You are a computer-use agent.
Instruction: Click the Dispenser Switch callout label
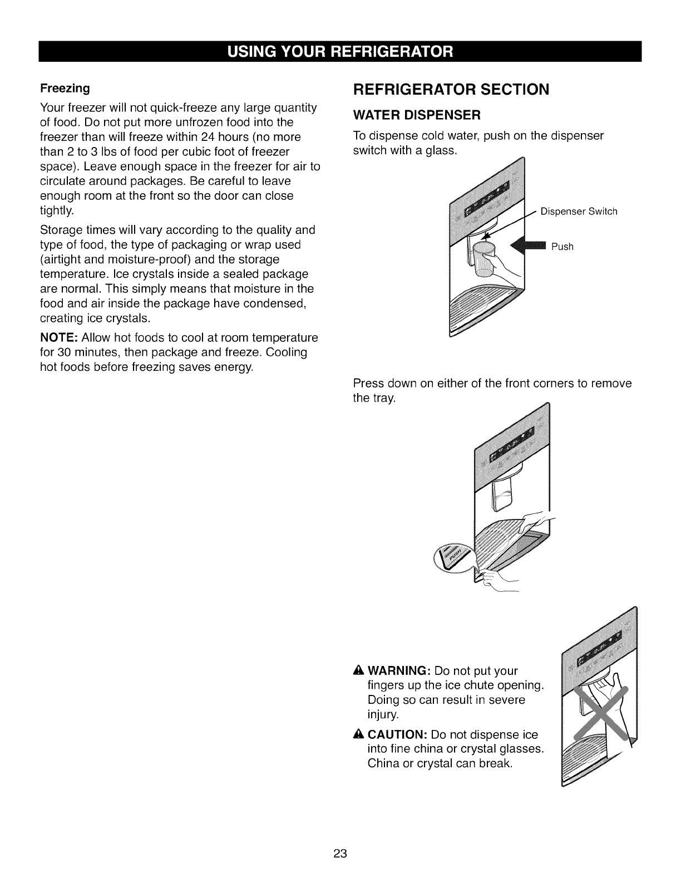579,211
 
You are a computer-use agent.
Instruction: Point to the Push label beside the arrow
562,247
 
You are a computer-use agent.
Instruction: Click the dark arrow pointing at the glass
529,246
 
